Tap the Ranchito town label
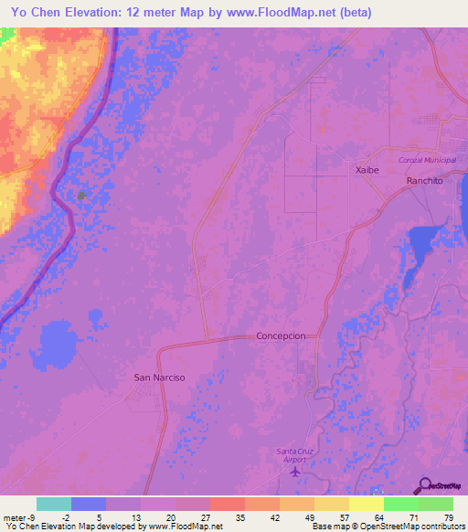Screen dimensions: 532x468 click(x=424, y=181)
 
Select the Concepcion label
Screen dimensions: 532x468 click(x=287, y=335)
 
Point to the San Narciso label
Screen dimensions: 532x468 click(x=160, y=377)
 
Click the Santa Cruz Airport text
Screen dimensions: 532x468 click(x=293, y=455)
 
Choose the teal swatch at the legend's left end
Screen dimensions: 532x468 click(x=53, y=504)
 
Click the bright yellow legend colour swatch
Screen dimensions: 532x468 click(x=366, y=504)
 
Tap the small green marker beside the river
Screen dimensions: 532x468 click(x=82, y=196)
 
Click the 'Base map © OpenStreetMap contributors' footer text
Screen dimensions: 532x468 click(x=387, y=526)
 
